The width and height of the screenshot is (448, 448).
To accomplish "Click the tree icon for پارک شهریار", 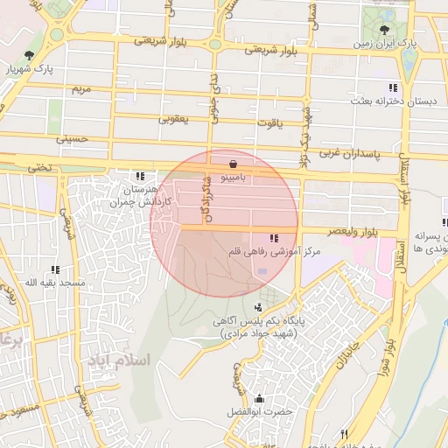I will (31, 56).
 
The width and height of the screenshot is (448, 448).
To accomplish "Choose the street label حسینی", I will (72, 138).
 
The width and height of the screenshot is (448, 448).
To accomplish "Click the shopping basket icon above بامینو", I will (232, 164).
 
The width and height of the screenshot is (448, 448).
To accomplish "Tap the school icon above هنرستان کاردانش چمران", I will (139, 177).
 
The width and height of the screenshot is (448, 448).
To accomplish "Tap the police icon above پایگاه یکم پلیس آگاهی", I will (258, 307).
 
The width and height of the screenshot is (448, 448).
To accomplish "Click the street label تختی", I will (38, 166).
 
